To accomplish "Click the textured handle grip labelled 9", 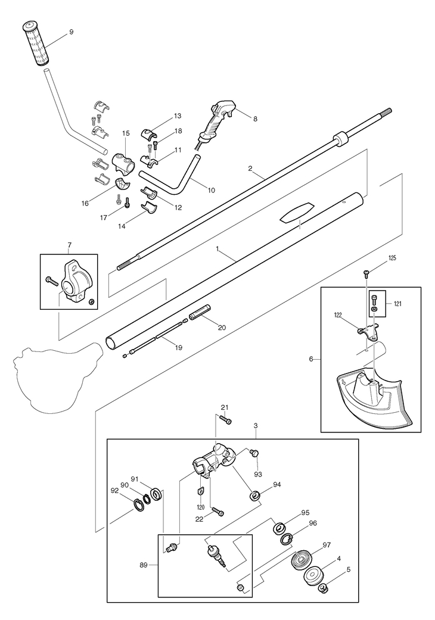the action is (x=36, y=43).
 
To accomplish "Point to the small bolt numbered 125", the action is (x=366, y=272).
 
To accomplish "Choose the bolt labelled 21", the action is (x=226, y=420).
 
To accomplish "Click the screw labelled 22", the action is (x=218, y=511).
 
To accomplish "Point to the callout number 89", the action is (x=143, y=565).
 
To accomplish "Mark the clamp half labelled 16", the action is (x=123, y=184).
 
